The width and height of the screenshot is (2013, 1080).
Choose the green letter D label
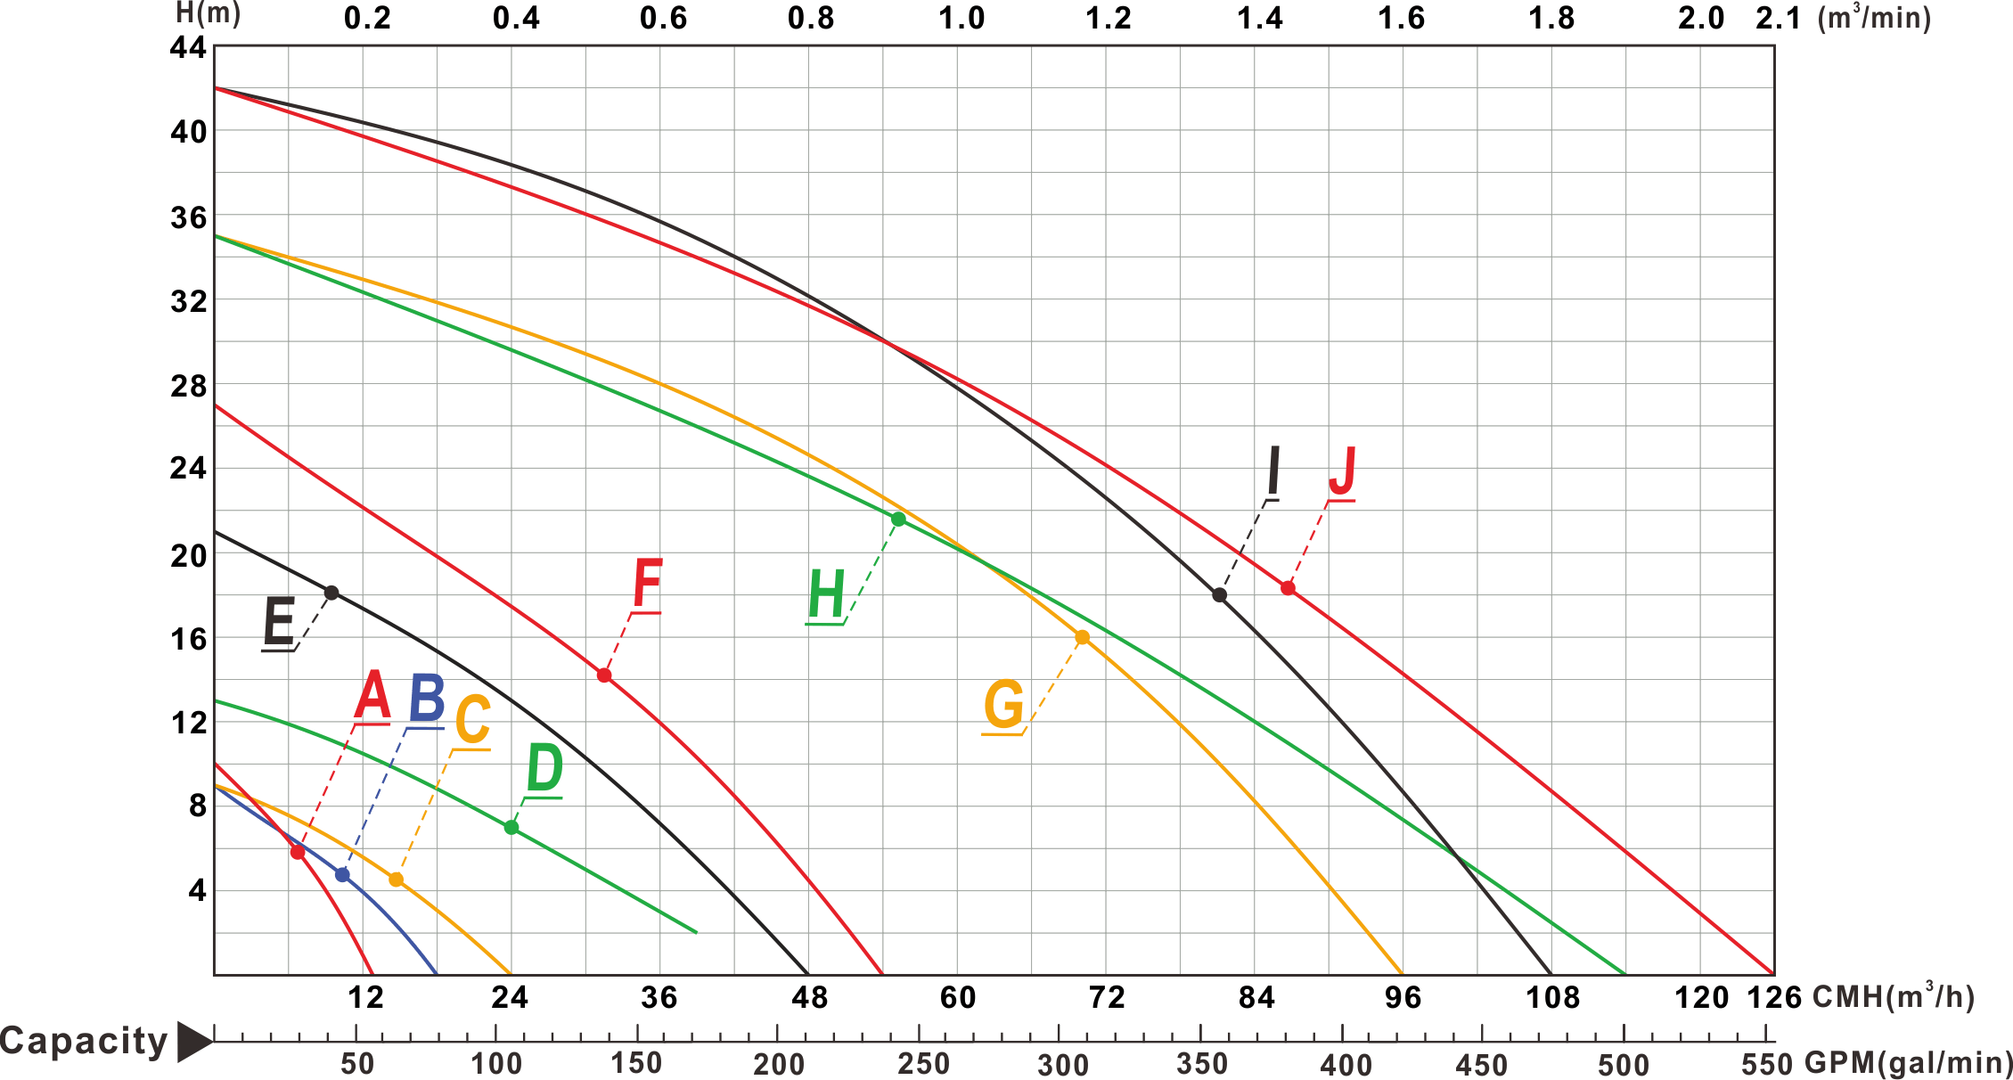coord(544,770)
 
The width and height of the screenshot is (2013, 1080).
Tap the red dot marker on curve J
coord(1288,587)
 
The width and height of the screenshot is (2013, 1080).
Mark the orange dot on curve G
coord(1082,637)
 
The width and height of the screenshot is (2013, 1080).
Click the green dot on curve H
coord(897,519)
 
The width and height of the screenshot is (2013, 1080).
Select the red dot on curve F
coord(603,675)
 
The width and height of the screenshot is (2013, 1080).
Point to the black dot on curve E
coord(331,593)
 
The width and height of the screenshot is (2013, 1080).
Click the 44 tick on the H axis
coord(189,49)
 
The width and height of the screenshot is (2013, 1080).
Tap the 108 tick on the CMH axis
coord(1551,997)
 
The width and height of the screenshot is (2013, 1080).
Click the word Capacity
coord(85,1040)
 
